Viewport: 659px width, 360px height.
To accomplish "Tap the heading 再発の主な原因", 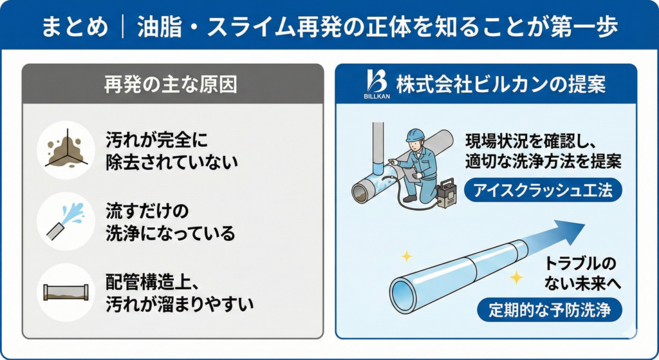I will [172, 84].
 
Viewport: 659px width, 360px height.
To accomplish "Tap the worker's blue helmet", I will [415, 135].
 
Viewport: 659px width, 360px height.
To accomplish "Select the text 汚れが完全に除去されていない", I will [171, 151].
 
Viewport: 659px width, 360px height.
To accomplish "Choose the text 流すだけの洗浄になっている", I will [170, 222].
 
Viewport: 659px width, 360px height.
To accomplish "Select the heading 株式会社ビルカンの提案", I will [501, 84].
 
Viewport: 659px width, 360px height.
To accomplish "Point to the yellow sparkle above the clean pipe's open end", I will [406, 256].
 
